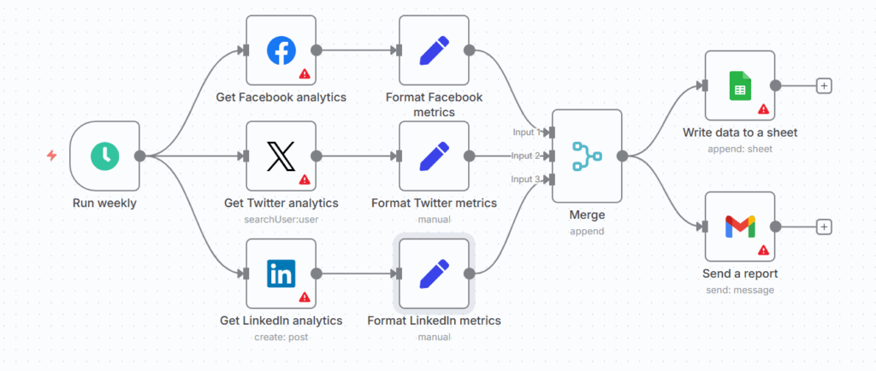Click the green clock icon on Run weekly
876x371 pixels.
(105, 156)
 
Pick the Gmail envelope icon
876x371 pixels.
(740, 227)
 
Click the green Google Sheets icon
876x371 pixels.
(740, 85)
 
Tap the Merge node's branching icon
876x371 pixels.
(587, 156)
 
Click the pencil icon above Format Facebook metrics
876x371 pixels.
(434, 50)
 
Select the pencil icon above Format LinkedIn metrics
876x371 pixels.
(434, 274)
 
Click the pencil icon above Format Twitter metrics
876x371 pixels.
(434, 156)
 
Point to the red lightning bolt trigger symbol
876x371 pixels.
(51, 156)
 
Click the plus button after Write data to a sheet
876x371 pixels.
(824, 85)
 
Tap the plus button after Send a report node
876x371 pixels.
(824, 227)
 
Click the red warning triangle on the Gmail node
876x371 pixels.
(762, 250)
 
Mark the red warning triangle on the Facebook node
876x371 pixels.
(304, 74)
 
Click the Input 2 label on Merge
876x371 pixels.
(526, 156)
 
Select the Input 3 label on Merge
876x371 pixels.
(526, 179)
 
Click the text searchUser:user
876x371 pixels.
(281, 219)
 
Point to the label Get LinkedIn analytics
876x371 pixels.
(281, 321)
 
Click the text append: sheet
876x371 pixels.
(740, 149)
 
